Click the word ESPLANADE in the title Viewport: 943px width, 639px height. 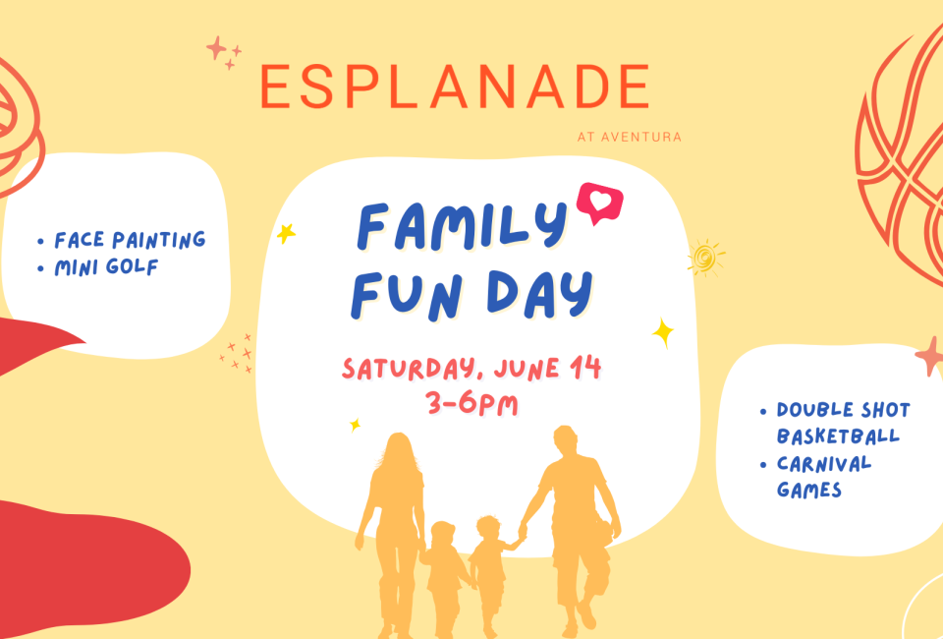pyautogui.click(x=455, y=87)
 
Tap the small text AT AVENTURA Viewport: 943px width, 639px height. pyautogui.click(x=629, y=138)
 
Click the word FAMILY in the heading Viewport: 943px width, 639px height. pyautogui.click(x=462, y=226)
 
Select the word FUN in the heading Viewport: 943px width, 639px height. pyautogui.click(x=407, y=296)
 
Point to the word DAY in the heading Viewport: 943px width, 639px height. pyautogui.click(x=539, y=294)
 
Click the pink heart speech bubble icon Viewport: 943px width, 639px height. pyautogui.click(x=599, y=203)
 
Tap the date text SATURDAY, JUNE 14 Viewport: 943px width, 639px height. pyautogui.click(x=471, y=369)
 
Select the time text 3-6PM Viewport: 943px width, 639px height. pyautogui.click(x=471, y=404)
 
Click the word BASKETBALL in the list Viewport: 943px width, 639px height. pyautogui.click(x=838, y=436)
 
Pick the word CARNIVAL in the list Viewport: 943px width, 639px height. pyautogui.click(x=824, y=464)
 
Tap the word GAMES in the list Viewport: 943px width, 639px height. pyautogui.click(x=808, y=490)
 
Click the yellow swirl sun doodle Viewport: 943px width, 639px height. pyautogui.click(x=706, y=259)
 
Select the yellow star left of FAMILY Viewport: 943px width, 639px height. pyautogui.click(x=286, y=233)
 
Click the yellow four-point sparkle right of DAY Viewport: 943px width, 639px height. pyautogui.click(x=663, y=332)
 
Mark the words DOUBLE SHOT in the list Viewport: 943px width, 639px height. pyautogui.click(x=843, y=410)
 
